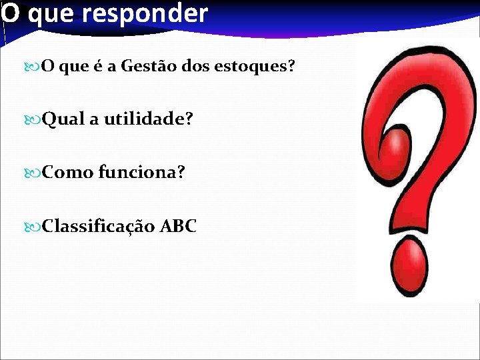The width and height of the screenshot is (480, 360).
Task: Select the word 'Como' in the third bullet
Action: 68,173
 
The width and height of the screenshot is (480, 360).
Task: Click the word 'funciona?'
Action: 142,173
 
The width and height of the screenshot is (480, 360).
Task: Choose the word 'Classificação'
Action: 99,227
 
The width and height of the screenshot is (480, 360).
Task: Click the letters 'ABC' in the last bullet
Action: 178,226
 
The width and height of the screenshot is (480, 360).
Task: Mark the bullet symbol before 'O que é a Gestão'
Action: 33,67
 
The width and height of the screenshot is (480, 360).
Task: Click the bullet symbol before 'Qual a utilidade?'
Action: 33,120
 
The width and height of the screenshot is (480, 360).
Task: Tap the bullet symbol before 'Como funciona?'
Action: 33,173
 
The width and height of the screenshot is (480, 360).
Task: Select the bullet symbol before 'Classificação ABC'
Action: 33,227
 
